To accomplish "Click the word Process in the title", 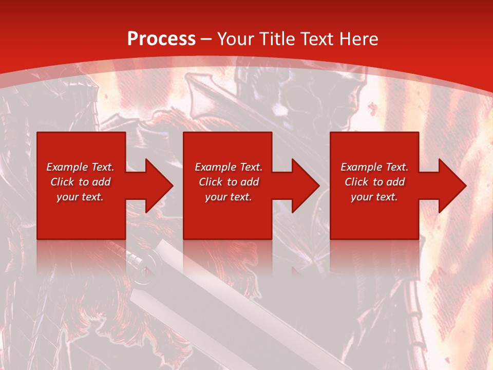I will tap(161, 39).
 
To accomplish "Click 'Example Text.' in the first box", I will tap(80, 167).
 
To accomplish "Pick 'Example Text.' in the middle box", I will tap(229, 167).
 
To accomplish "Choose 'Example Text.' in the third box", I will tap(374, 167).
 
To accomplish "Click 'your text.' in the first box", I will tap(80, 197).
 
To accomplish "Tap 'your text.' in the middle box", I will tap(229, 197).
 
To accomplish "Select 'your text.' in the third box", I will tap(374, 197).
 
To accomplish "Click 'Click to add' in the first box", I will tap(80, 182).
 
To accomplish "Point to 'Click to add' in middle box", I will tap(229, 182).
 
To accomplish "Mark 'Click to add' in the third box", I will tap(374, 182).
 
